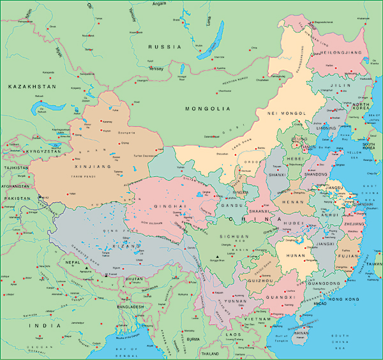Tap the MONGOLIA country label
pos(207,109)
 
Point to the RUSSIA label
pos(165,47)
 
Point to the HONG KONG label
pos(345,299)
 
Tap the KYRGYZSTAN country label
pos(42,151)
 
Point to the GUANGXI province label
pos(280,297)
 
